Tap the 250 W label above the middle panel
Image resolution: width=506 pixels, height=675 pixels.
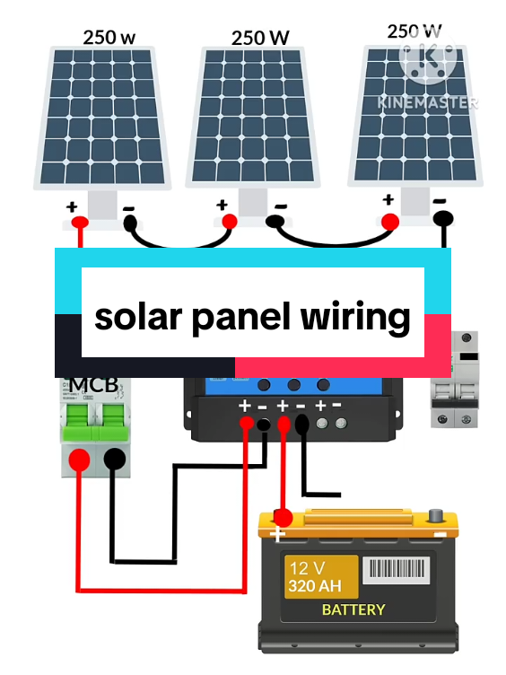[x=259, y=38]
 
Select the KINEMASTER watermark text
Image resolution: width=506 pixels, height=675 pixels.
[x=426, y=101]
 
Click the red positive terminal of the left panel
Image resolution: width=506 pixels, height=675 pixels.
[x=81, y=222]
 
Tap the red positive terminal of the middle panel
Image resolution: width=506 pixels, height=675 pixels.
[x=229, y=221]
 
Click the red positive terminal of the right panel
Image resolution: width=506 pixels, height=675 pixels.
[x=389, y=220]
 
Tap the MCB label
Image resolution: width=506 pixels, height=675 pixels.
[x=93, y=385]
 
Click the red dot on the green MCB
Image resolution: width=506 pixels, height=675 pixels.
[x=80, y=459]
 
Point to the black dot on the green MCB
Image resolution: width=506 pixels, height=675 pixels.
[x=114, y=459]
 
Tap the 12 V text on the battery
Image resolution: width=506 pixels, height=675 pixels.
[x=306, y=569]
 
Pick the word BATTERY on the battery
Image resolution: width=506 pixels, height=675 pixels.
[x=353, y=609]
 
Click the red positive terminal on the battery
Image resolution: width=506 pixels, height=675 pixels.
[x=282, y=519]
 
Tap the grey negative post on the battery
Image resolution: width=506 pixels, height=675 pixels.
[x=437, y=516]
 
